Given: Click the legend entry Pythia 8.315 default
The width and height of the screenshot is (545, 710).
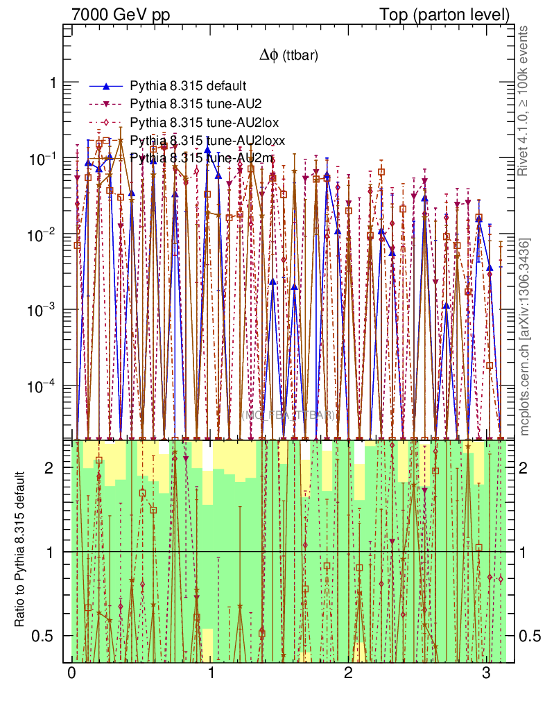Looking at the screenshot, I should point(188,87).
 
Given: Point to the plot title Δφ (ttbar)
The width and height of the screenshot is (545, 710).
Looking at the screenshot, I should point(288,56).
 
